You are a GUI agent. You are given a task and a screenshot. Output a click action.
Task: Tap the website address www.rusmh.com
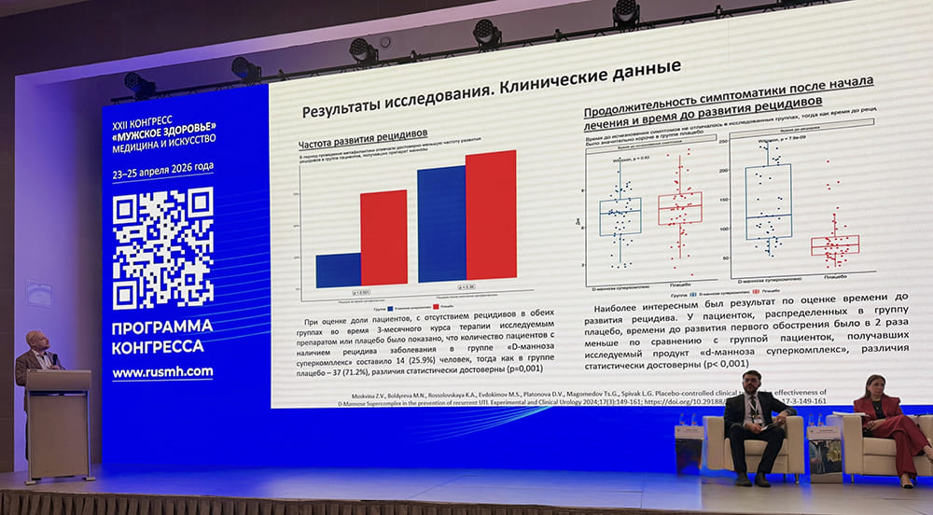[x=161, y=371]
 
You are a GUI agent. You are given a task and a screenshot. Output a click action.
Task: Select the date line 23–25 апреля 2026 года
[x=162, y=168]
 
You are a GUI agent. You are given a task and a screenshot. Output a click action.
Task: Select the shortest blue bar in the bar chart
[x=338, y=270]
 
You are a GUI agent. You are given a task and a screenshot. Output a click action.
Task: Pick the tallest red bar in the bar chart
[x=491, y=214]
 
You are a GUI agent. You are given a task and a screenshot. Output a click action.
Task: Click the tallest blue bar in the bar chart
[x=441, y=223]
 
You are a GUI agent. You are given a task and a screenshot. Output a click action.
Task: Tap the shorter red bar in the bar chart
[x=383, y=237]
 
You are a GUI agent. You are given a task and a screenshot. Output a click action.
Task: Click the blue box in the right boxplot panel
[x=768, y=202]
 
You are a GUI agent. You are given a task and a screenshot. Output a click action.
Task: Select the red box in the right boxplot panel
[x=834, y=244]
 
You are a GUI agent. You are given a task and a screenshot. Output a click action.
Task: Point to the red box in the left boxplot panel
[x=679, y=208]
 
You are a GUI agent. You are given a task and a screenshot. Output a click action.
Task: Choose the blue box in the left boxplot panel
[x=620, y=216]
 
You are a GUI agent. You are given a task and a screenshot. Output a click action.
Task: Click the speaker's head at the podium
[x=38, y=342]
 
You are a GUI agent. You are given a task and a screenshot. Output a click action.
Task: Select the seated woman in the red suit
[x=884, y=425]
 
